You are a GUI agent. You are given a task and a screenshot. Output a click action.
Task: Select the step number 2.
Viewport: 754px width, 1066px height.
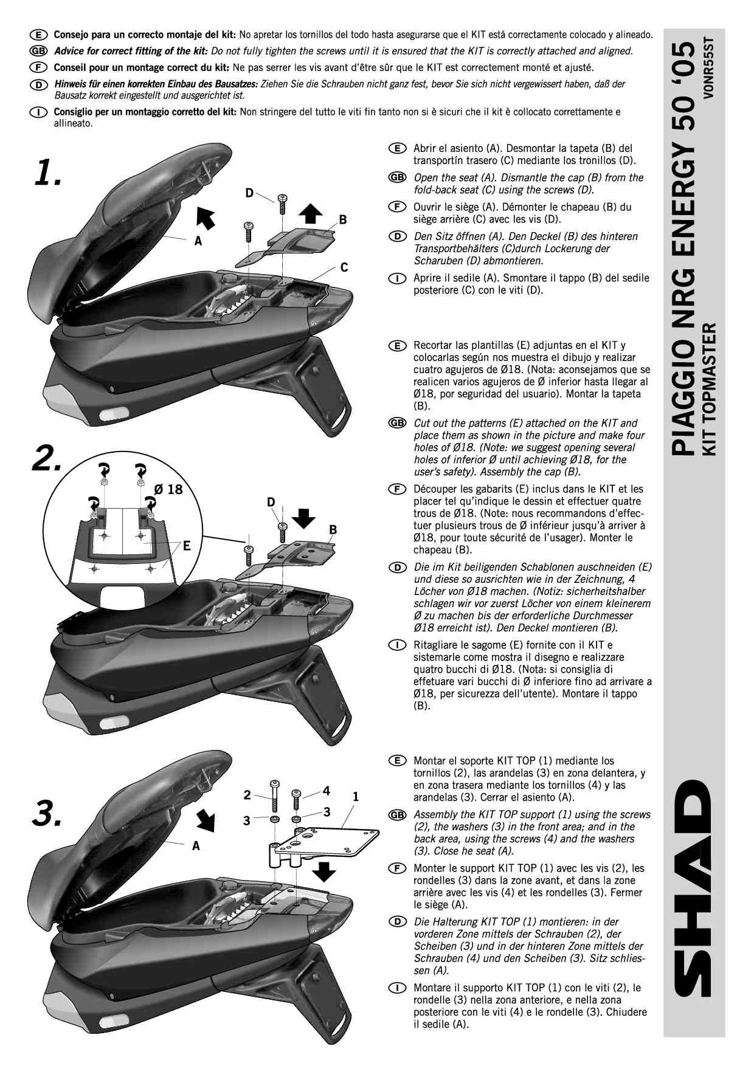click(x=47, y=458)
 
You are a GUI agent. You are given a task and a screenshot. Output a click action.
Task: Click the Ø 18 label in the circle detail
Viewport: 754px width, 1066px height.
click(x=168, y=489)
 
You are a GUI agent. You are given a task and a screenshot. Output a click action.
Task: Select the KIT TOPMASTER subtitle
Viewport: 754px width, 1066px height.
click(x=709, y=389)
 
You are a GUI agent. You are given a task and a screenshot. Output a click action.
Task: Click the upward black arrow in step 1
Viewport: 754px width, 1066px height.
click(x=311, y=214)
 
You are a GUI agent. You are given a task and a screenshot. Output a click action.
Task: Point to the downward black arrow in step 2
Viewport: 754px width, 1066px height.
click(x=303, y=518)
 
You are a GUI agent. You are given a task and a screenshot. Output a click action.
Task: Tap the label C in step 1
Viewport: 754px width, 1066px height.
click(x=344, y=267)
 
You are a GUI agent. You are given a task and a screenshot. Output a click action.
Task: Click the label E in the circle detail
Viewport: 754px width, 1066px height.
click(x=187, y=546)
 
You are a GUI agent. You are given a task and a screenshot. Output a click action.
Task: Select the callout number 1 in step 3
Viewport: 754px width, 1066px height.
click(x=356, y=796)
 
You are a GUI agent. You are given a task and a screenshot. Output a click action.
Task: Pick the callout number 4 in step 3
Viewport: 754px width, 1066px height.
click(x=327, y=791)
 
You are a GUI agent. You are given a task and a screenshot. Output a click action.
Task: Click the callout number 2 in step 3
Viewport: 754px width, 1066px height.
click(x=247, y=794)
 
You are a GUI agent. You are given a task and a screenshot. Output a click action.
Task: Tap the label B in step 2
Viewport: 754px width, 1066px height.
click(x=333, y=530)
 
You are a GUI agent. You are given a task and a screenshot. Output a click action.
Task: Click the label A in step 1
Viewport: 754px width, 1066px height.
click(x=198, y=241)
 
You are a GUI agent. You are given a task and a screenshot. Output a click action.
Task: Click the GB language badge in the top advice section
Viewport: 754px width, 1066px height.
click(x=38, y=51)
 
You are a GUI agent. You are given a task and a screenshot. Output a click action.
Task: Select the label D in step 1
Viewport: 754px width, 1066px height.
click(x=249, y=193)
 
